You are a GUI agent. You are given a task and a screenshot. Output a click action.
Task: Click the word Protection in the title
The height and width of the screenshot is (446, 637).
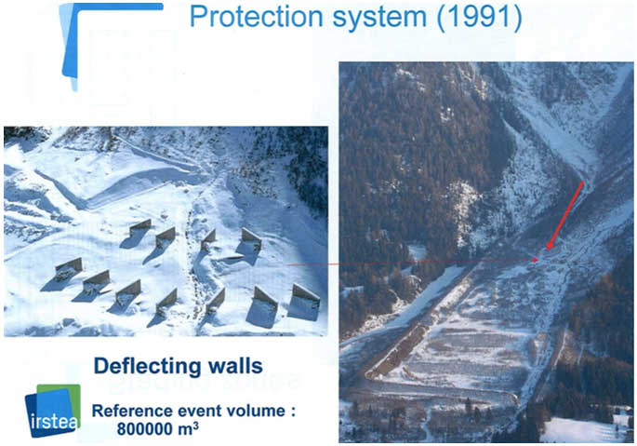257,17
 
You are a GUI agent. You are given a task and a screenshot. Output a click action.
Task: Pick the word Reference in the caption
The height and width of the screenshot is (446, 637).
129,411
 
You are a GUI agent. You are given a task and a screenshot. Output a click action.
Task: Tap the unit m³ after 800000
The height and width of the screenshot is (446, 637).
188,428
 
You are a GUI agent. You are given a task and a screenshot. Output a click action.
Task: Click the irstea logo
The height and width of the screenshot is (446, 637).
52,411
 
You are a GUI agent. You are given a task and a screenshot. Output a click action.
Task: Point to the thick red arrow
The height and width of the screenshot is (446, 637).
565,216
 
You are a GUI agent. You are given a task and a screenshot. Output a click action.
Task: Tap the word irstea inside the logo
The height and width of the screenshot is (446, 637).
53,422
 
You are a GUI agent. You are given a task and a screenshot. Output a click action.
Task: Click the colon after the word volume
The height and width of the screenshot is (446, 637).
293,412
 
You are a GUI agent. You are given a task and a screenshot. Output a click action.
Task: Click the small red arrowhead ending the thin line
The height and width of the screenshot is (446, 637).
536,259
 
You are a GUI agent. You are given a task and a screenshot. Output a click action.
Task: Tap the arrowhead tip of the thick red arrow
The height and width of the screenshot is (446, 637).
547,250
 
